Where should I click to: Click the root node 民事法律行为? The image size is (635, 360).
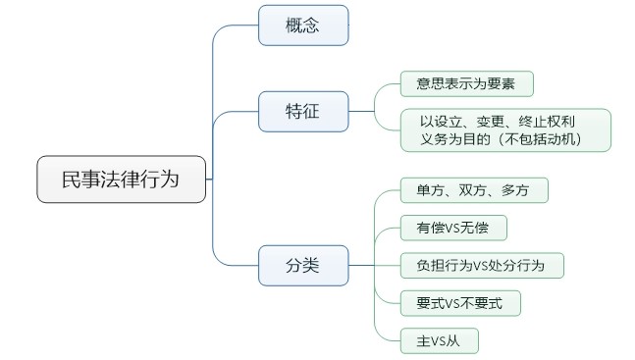click(x=121, y=180)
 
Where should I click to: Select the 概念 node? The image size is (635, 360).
click(x=302, y=26)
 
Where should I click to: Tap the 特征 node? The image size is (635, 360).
click(x=302, y=111)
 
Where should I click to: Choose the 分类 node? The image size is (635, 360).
click(x=302, y=264)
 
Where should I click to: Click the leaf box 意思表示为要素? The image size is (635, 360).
click(x=466, y=84)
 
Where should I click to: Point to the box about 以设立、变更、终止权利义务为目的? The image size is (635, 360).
click(x=505, y=129)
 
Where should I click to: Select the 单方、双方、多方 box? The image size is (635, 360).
click(x=473, y=190)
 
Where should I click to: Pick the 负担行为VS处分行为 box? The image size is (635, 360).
click(x=482, y=265)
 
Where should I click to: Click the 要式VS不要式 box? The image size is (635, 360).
click(x=458, y=303)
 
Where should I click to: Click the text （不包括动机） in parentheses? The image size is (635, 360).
click(x=540, y=139)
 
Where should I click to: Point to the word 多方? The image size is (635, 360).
click(x=513, y=190)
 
